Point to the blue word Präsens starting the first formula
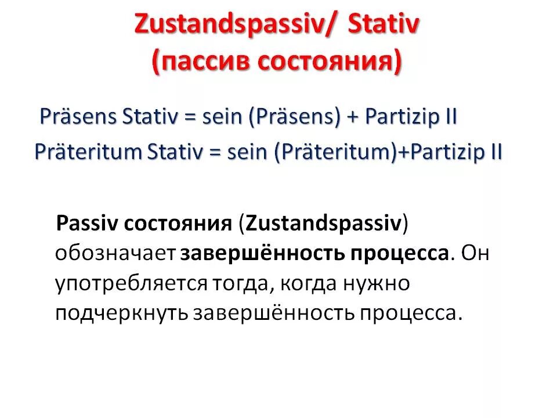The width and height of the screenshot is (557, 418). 78,117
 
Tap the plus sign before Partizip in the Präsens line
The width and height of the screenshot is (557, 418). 353,117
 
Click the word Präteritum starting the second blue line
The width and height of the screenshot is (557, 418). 88,152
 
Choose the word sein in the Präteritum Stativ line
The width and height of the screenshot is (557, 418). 247,152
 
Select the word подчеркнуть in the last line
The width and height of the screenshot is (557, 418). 121,313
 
